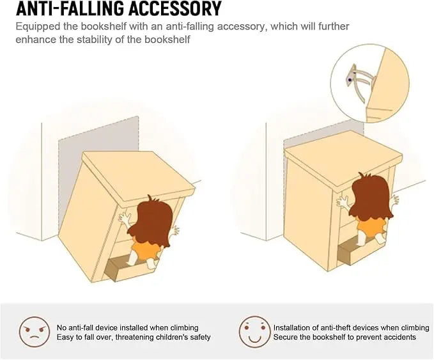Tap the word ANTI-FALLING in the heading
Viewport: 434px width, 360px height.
coord(70,8)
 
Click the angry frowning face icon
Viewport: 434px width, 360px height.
coord(35,332)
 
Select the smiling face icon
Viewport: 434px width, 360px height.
coord(254,332)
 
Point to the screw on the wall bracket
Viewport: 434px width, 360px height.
coord(350,80)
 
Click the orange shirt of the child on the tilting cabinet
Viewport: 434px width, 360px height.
coord(145,250)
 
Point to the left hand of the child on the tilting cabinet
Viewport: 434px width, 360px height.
coord(125,219)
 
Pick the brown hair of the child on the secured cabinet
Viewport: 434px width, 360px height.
coord(371,197)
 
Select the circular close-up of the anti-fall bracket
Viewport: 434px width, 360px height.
coord(370,83)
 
